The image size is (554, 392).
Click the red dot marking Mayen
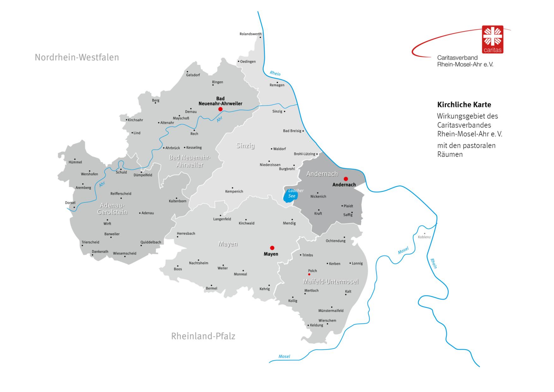pyautogui.click(x=272, y=248)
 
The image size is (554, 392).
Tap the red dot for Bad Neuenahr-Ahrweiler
pyautogui.click(x=220, y=109)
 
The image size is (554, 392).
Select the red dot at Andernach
pyautogui.click(x=346, y=179)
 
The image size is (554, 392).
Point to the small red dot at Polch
pyautogui.click(x=309, y=274)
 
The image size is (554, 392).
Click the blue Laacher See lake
pyautogui.click(x=289, y=196)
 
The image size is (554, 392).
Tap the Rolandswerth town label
pyautogui.click(x=250, y=34)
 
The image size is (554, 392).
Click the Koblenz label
pyautogui.click(x=424, y=237)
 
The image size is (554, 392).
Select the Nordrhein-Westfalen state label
pyautogui.click(x=77, y=57)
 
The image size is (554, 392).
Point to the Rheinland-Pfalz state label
pyautogui.click(x=203, y=336)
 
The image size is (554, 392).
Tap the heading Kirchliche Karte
pyautogui.click(x=464, y=105)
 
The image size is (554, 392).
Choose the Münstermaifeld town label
pyautogui.click(x=331, y=311)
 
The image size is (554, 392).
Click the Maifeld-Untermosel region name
pyautogui.click(x=331, y=282)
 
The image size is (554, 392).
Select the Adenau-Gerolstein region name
pyautogui.click(x=112, y=209)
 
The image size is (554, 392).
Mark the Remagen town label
pyautogui.click(x=277, y=85)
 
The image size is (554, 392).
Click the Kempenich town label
pyautogui.click(x=234, y=192)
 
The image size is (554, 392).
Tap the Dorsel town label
pyautogui.click(x=70, y=203)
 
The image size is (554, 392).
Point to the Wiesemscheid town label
pyautogui.click(x=124, y=253)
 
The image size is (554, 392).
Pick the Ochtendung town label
pyautogui.click(x=335, y=241)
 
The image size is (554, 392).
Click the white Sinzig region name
pyautogui.click(x=245, y=146)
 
